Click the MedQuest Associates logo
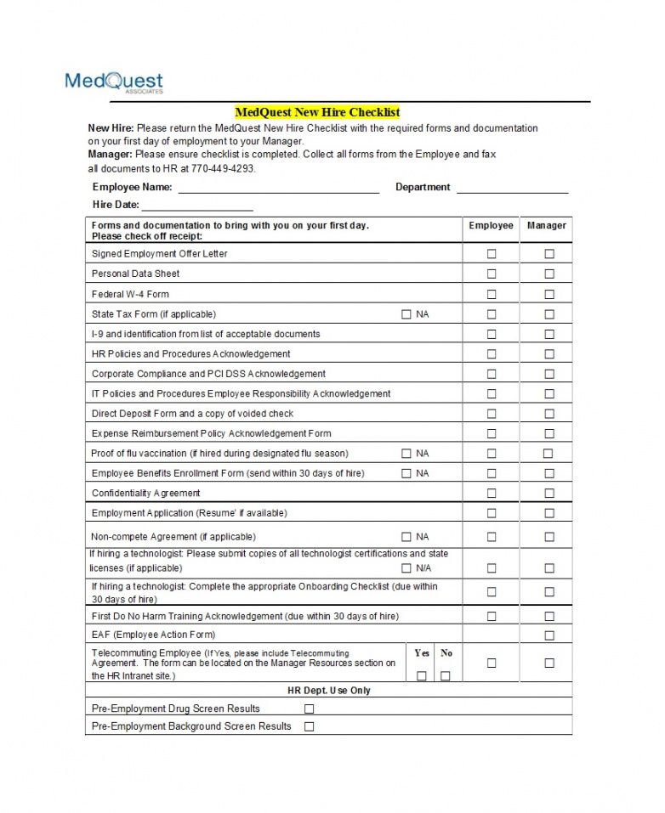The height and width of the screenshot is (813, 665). (114, 82)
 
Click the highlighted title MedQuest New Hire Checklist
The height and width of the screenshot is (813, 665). (317, 112)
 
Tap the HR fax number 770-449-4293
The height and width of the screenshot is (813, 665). (222, 168)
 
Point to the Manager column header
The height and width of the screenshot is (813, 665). (546, 226)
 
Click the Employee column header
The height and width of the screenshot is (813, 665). (491, 226)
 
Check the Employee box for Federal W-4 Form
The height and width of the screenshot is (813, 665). (492, 294)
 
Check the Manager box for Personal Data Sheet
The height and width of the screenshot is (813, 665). (549, 274)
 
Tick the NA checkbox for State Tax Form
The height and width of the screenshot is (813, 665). (406, 314)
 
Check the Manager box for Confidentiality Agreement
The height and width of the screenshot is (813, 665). (549, 494)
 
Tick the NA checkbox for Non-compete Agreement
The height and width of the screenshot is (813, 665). (406, 537)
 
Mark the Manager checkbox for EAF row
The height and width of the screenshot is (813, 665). (549, 635)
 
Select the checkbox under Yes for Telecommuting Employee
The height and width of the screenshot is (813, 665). (422, 675)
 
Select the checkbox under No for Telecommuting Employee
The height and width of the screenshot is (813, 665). (446, 675)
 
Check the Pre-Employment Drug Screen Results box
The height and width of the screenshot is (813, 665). (310, 709)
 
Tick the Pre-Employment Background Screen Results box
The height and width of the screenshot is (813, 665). (310, 726)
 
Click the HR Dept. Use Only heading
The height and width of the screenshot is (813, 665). (329, 691)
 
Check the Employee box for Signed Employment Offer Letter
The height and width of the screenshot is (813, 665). (492, 254)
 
